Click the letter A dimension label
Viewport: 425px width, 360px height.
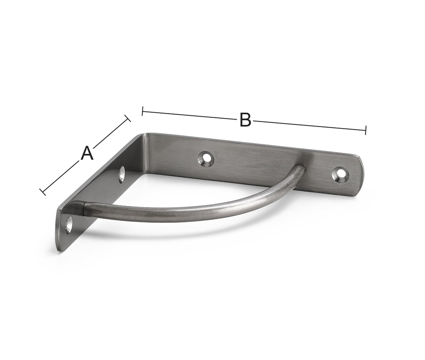87,153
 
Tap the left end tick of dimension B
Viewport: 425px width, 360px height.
143,111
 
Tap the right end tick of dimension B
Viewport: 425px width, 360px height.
366,130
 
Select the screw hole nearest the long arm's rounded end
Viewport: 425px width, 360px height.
340,175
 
